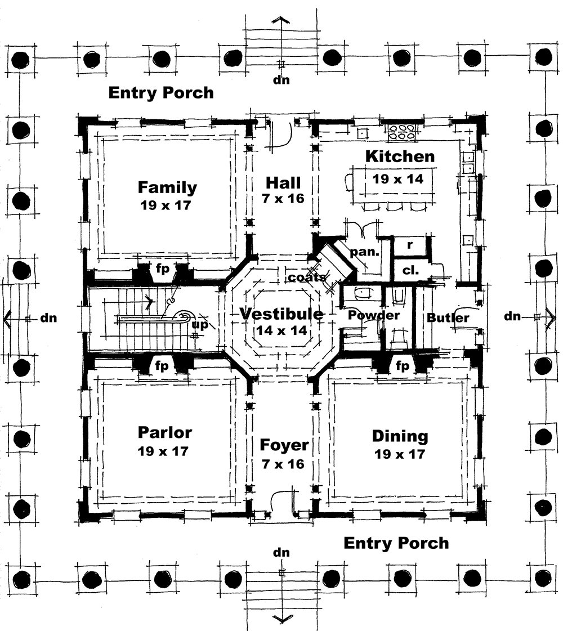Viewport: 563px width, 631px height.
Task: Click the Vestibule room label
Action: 281,314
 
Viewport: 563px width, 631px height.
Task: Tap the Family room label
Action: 167,187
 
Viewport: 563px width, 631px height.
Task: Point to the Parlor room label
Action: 165,432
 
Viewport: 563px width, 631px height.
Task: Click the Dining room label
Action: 400,436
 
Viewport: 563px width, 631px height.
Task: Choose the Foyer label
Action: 284,445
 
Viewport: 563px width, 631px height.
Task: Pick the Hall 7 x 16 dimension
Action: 283,199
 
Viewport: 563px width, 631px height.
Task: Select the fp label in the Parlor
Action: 162,366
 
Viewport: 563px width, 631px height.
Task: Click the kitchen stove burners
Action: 401,133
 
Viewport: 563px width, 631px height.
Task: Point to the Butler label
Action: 448,318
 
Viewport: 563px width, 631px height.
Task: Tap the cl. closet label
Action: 410,270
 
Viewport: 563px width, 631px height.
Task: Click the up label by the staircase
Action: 199,325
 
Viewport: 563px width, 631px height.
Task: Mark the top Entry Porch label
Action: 161,92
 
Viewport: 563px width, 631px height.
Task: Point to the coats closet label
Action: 306,278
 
